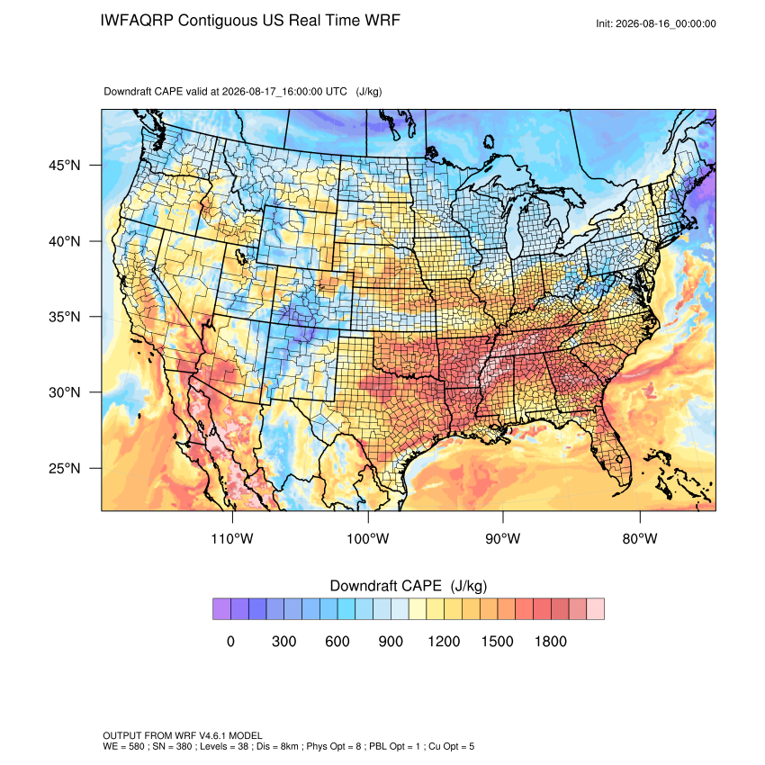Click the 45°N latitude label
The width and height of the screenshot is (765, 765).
click(x=65, y=166)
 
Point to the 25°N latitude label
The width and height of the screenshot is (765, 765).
click(x=65, y=468)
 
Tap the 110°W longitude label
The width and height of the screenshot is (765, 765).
click(x=232, y=538)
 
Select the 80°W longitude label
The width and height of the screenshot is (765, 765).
click(x=640, y=538)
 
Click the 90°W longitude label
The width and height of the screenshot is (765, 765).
click(x=502, y=538)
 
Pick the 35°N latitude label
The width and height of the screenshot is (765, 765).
click(x=65, y=317)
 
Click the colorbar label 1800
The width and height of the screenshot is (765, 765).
click(x=550, y=641)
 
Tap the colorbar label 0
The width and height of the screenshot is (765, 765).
click(x=230, y=641)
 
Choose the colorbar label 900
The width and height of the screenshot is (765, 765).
click(x=391, y=641)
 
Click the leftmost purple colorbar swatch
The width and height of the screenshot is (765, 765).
click(x=221, y=609)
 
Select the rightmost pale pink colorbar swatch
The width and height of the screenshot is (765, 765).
click(x=595, y=609)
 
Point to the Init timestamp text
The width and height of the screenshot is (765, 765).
click(x=656, y=24)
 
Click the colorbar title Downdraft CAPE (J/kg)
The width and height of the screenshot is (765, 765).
click(x=409, y=586)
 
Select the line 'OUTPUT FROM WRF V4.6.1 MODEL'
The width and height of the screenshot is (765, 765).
click(x=183, y=735)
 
